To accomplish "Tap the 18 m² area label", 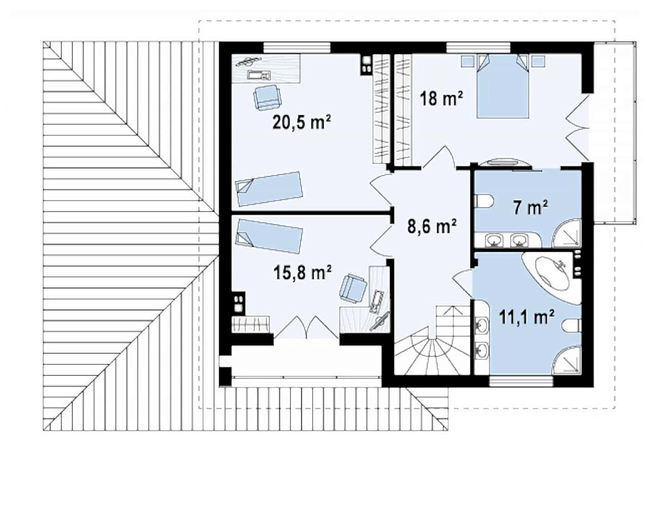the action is point(441,99).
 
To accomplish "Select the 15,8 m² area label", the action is point(303,272).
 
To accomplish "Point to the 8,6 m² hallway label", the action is point(432,226).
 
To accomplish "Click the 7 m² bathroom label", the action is point(530,208).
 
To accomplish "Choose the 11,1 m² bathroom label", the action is point(527,317).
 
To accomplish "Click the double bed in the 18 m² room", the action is point(503,86).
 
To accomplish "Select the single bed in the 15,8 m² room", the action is point(269,236).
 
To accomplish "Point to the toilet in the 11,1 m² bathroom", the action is point(572,326).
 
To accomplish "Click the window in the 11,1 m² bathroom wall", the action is point(521,381).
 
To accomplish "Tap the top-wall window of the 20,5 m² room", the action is point(297,48).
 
